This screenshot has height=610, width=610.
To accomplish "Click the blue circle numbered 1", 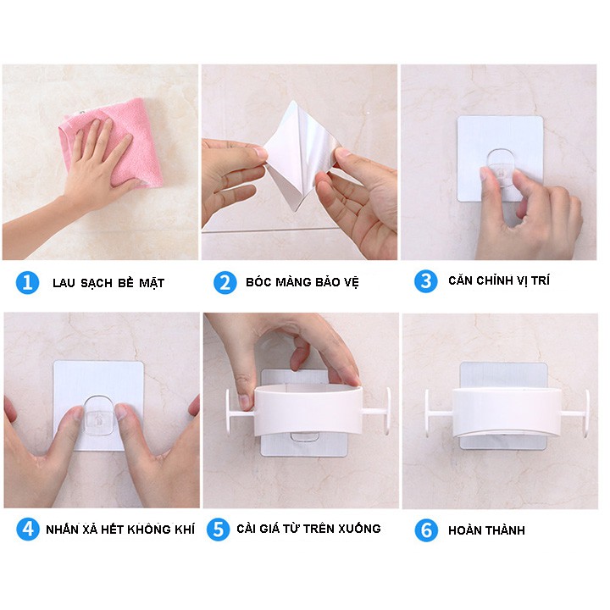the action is pyautogui.click(x=27, y=282).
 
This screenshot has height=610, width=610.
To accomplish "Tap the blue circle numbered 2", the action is pyautogui.click(x=225, y=282).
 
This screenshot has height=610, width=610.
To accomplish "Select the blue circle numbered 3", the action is pyautogui.click(x=426, y=281).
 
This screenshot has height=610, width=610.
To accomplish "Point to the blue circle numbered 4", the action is pyautogui.click(x=28, y=529).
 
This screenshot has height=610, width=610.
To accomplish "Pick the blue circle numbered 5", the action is pyautogui.click(x=219, y=529).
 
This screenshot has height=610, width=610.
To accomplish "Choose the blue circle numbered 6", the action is pyautogui.click(x=426, y=530).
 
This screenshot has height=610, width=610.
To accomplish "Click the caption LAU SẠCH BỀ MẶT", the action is pyautogui.click(x=108, y=283).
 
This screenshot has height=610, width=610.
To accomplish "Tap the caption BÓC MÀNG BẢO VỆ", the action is pyautogui.click(x=302, y=282).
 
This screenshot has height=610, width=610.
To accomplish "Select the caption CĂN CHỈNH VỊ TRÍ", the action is pyautogui.click(x=499, y=280).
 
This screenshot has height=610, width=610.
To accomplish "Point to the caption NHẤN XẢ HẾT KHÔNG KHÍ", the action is pyautogui.click(x=120, y=529).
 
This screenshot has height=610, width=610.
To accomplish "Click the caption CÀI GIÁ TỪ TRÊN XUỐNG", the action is pyautogui.click(x=308, y=529).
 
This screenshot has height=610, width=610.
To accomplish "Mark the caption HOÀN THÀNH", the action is pyautogui.click(x=486, y=530).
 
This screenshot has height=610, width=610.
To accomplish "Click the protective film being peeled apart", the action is pyautogui.click(x=299, y=156).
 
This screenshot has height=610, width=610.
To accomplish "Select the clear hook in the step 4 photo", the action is pyautogui.click(x=99, y=415).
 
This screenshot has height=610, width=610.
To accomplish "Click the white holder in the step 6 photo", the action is pyautogui.click(x=507, y=413).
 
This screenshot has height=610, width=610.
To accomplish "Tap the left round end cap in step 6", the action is pyautogui.click(x=428, y=413).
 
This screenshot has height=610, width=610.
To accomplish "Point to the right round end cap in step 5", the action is pyautogui.click(x=387, y=411).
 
